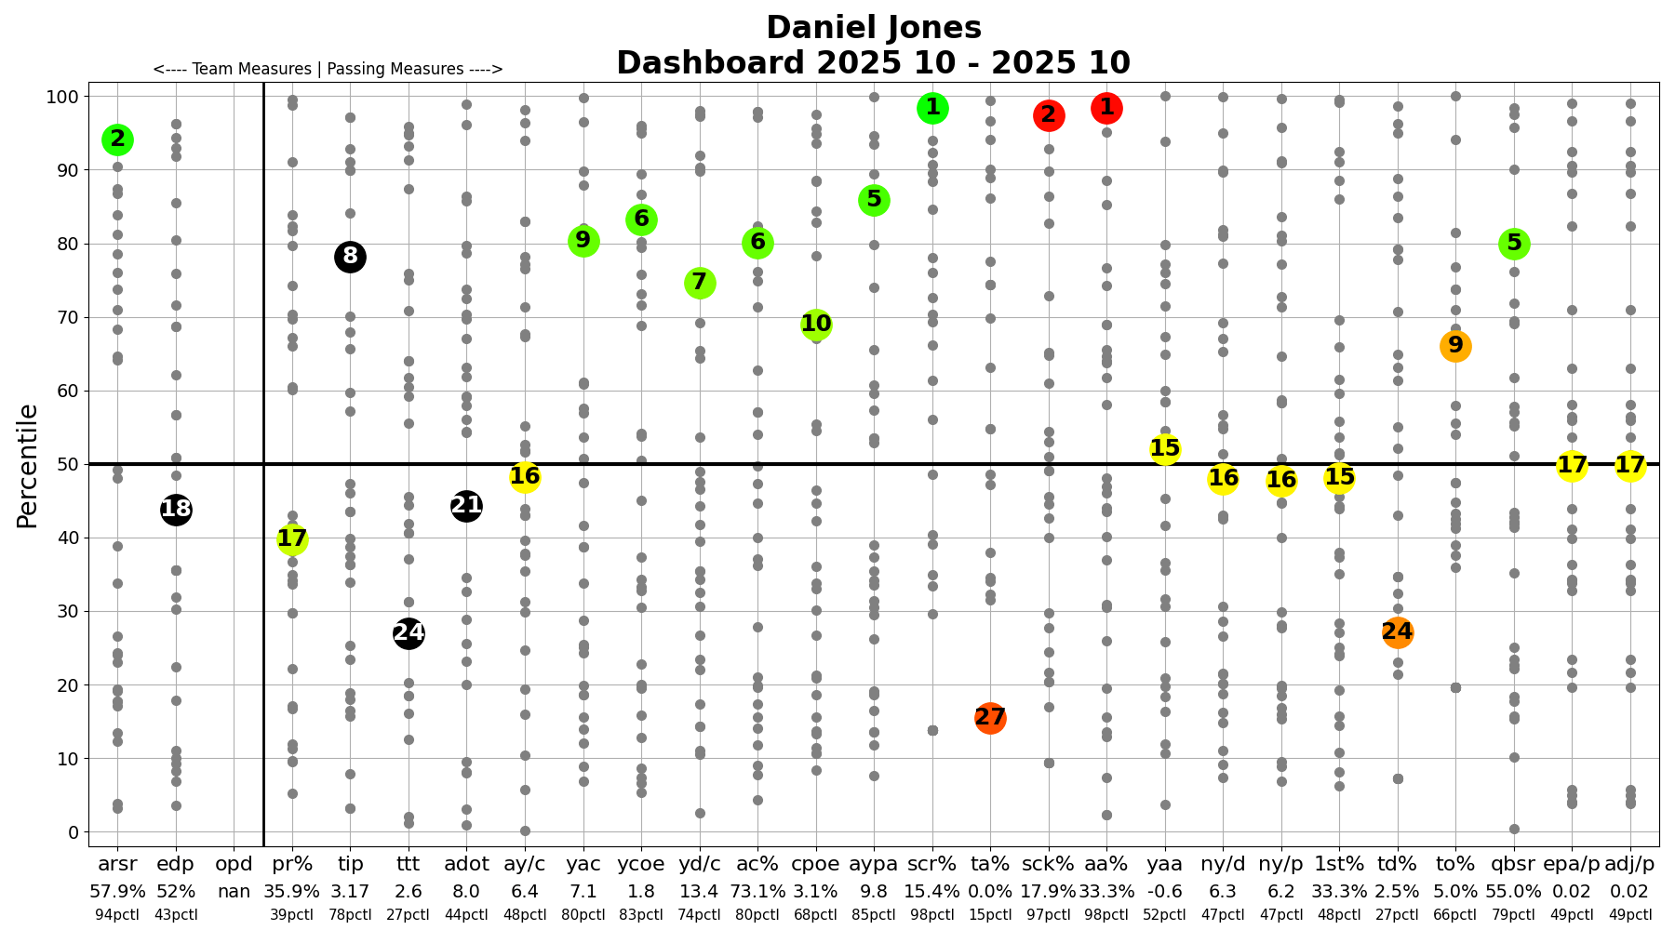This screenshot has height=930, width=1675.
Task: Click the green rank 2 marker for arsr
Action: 117,139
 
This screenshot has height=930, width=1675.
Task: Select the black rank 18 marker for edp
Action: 176,509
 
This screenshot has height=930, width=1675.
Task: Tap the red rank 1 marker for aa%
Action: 1106,109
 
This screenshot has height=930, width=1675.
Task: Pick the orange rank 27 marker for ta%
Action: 990,718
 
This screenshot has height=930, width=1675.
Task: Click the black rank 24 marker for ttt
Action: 409,633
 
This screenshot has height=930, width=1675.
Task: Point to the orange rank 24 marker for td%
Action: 1397,632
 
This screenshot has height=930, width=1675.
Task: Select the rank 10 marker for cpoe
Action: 816,325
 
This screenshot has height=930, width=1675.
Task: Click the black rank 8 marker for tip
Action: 350,257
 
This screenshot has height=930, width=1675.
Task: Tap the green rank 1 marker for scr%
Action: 932,109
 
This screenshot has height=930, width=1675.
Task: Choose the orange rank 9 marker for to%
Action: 1455,346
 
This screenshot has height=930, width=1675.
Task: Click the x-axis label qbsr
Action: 1513,864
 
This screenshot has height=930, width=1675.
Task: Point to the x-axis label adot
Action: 466,864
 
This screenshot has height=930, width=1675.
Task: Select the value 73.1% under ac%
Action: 757,891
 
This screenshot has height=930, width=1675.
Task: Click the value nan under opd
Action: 234,891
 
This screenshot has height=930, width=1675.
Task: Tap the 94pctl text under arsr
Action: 117,914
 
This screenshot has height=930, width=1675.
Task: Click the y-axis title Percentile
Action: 28,465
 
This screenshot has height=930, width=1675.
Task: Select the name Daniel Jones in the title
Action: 873,28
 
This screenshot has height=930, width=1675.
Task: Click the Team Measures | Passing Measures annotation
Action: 328,69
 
